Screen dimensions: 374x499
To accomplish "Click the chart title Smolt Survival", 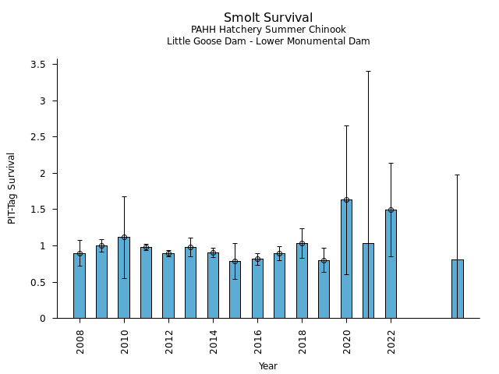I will tap(268, 18).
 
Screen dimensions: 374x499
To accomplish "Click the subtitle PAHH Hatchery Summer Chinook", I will tap(268, 30).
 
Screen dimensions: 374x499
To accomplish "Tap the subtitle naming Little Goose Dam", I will tap(268, 41).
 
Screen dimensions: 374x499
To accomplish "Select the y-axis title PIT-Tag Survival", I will tap(12, 188).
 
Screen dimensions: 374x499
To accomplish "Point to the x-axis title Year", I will tap(268, 366).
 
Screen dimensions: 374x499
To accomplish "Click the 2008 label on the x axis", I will tap(80, 340).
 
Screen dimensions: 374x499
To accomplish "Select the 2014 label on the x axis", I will tap(213, 340).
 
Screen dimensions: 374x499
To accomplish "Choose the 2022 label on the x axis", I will tap(391, 340).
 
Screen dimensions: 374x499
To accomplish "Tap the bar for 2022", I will tap(391, 264).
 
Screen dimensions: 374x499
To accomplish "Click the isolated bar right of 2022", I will tap(457, 289).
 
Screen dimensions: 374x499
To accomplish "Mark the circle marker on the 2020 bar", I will tap(346, 200).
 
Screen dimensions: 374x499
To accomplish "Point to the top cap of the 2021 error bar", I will tap(368, 71).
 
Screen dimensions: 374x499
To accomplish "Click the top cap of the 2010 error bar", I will tap(124, 196).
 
